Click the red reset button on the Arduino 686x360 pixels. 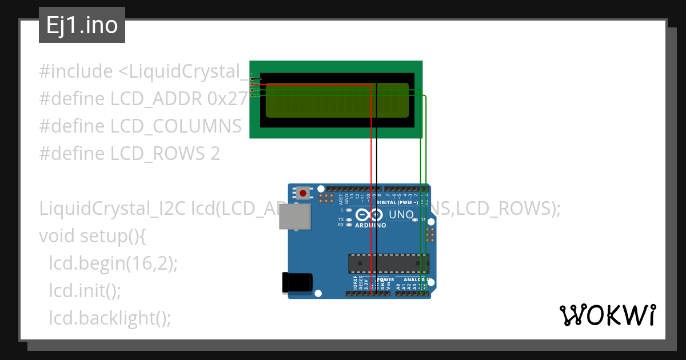point(303,193)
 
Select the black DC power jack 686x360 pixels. point(298,283)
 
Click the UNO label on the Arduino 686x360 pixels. point(401,215)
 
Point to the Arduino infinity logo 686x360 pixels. point(369,215)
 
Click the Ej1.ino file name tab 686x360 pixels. point(82,26)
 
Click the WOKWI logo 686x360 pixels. point(607,315)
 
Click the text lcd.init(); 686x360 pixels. point(85,291)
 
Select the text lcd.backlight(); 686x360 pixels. point(110,318)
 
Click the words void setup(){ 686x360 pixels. point(91,235)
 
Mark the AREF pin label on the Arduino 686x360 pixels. point(341,199)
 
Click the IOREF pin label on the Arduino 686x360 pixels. point(355,283)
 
